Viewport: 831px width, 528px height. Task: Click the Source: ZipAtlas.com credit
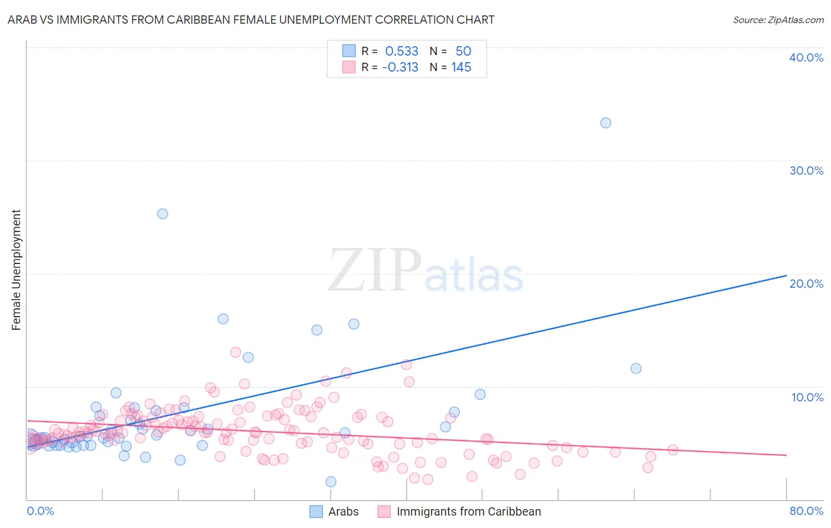point(778,20)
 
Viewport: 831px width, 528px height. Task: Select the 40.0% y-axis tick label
point(806,57)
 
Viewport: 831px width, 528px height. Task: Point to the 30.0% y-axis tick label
point(806,170)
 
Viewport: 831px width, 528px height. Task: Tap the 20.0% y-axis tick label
point(806,284)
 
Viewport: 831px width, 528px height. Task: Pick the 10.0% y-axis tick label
point(807,397)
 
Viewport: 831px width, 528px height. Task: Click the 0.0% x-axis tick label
point(40,511)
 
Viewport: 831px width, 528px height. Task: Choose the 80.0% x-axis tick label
point(806,511)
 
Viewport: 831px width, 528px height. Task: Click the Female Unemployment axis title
point(16,270)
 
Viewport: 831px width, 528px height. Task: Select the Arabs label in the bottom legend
point(343,511)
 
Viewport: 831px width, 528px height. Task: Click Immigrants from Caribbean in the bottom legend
point(469,511)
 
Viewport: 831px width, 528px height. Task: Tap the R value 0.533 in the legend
point(401,51)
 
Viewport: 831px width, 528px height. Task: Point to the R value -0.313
point(400,67)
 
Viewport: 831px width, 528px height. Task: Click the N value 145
point(461,67)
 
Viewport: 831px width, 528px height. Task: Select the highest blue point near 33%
point(605,123)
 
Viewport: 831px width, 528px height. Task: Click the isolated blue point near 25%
point(163,214)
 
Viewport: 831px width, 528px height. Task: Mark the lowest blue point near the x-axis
point(331,482)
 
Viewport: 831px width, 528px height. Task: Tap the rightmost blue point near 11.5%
point(636,368)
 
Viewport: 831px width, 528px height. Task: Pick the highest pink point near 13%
point(235,352)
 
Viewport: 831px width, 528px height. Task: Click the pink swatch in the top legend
point(349,67)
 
